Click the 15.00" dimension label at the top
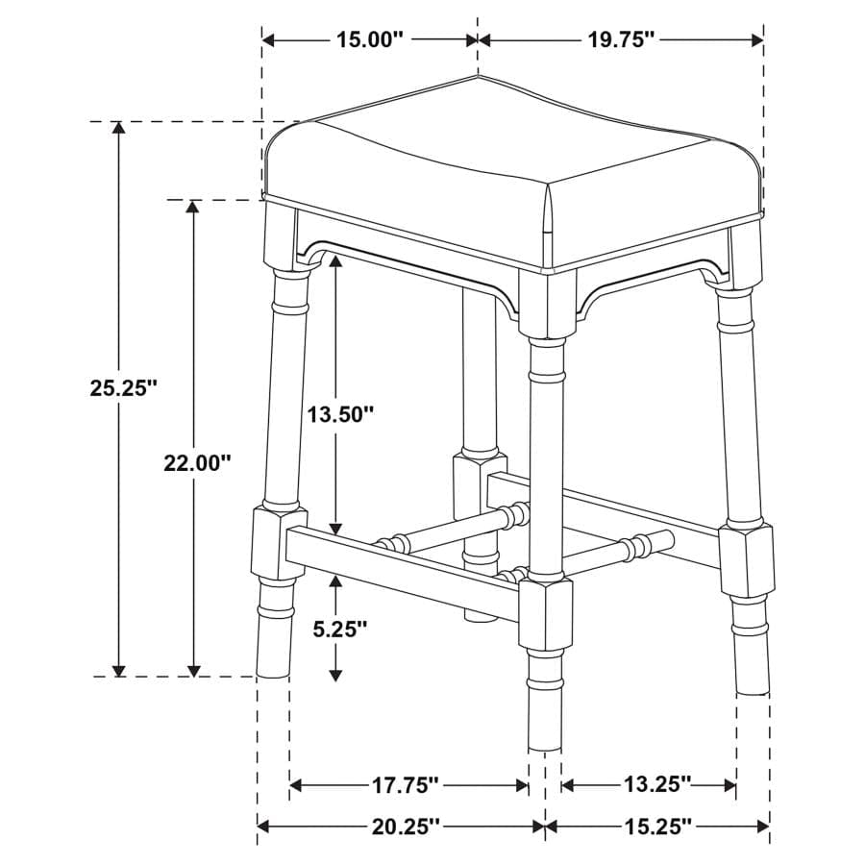(369, 39)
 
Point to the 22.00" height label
(197, 462)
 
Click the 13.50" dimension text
(339, 414)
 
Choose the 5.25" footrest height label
(339, 630)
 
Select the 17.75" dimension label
(406, 786)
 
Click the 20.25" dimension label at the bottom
(406, 826)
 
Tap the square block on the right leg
(746, 560)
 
